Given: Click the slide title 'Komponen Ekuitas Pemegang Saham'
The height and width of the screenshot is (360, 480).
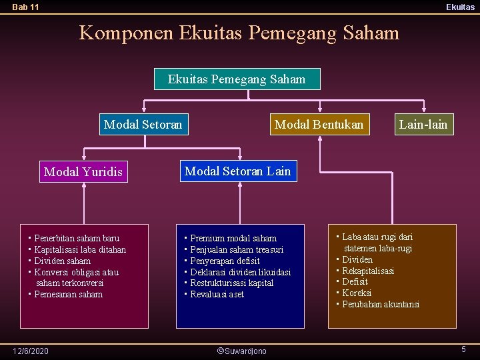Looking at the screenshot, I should [x=239, y=33].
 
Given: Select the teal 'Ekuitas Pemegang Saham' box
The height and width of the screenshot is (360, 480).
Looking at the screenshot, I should [x=237, y=79].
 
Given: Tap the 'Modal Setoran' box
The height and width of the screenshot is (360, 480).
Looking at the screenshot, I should [x=143, y=124].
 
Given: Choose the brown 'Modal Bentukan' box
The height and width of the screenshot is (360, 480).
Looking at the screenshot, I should [x=319, y=124].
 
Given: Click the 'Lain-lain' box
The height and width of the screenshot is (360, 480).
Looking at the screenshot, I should [x=423, y=124].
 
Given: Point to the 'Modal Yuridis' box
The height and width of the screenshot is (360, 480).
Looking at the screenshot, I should [x=83, y=172].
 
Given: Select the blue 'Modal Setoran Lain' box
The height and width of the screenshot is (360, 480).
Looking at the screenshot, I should [x=237, y=171].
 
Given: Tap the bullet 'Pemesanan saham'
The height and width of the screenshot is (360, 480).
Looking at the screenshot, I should [x=68, y=294].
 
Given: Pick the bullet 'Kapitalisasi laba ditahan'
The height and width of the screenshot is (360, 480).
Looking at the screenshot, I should [x=79, y=249].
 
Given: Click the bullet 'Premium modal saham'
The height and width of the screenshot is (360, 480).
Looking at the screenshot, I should [x=233, y=238].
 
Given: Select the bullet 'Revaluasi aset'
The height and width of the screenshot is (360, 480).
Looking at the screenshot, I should [x=217, y=294].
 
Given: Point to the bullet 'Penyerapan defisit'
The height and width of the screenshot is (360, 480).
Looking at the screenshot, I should [x=225, y=261].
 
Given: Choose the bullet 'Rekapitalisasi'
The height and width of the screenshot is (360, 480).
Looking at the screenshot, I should [x=368, y=271].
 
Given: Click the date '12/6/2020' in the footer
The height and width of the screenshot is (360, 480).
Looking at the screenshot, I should [x=31, y=351].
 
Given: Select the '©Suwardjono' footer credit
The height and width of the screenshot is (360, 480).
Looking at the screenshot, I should [x=242, y=351].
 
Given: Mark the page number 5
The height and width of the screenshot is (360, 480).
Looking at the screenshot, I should [x=463, y=349].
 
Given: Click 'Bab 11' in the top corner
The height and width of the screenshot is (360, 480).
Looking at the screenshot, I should [x=25, y=7].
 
